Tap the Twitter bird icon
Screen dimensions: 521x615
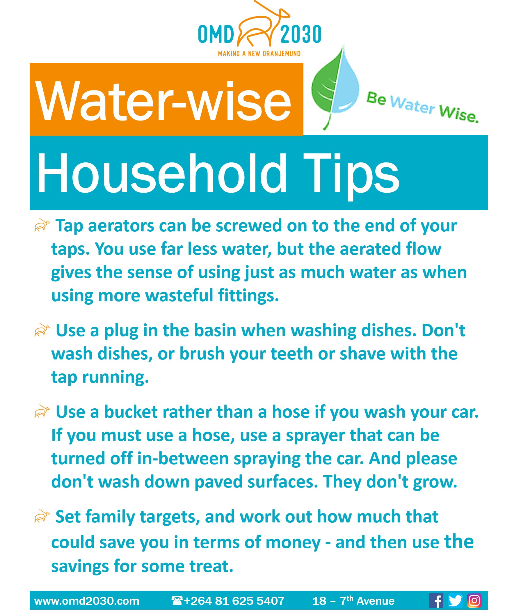click(x=455, y=600)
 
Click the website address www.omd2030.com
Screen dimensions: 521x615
click(x=87, y=600)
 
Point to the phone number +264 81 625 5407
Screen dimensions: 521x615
click(x=234, y=600)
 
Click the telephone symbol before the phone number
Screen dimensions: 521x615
click(x=177, y=600)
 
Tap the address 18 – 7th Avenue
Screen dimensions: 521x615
click(x=353, y=600)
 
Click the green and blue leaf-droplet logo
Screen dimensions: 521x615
click(x=335, y=88)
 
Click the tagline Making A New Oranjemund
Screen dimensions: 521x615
click(x=259, y=54)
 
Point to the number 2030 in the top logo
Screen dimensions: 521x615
click(x=301, y=34)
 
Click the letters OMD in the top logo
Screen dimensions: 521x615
click(x=216, y=34)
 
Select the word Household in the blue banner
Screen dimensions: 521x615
click(x=161, y=173)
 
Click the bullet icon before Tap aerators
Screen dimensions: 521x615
click(x=42, y=226)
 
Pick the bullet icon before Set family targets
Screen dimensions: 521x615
click(x=42, y=516)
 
